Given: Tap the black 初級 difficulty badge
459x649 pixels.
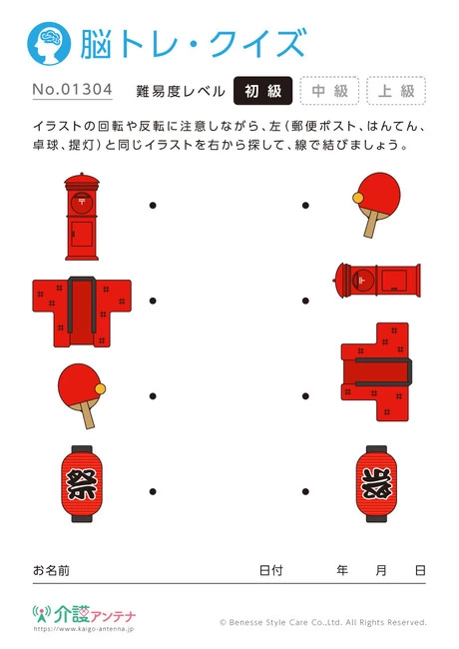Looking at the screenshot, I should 263,91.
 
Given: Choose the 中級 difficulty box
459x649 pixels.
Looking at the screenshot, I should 329,91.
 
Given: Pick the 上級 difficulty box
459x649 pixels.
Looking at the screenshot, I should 396,91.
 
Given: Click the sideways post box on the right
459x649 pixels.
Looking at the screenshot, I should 380,283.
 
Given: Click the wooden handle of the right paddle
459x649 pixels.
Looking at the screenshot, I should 372,225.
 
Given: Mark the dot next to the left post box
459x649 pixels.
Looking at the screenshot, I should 153,207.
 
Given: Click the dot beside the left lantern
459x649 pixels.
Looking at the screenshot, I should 153,489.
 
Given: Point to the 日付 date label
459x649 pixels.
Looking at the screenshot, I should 270,570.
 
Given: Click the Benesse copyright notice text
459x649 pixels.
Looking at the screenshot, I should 322,622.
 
